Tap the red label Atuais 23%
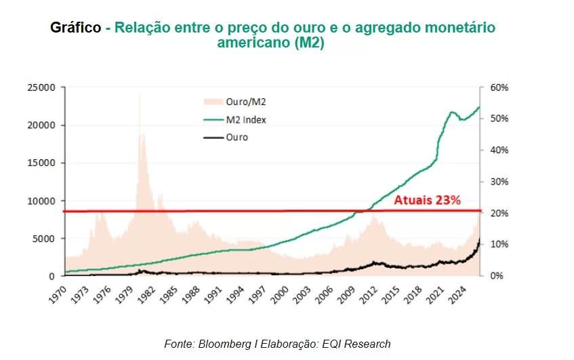click(x=428, y=200)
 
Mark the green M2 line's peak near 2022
click(x=452, y=112)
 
